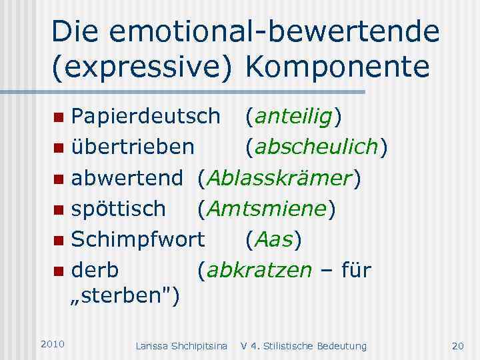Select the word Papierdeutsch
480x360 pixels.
[x=145, y=117]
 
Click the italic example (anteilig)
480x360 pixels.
[x=293, y=117]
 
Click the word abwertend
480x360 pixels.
[x=127, y=178]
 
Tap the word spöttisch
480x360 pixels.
[x=119, y=209]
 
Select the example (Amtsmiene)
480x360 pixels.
[x=266, y=209]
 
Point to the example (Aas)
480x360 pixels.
[x=273, y=239]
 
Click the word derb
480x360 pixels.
[x=95, y=270]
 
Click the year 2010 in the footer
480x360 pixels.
[x=52, y=344]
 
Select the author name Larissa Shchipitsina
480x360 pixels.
[x=181, y=345]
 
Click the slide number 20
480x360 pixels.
[x=457, y=345]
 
